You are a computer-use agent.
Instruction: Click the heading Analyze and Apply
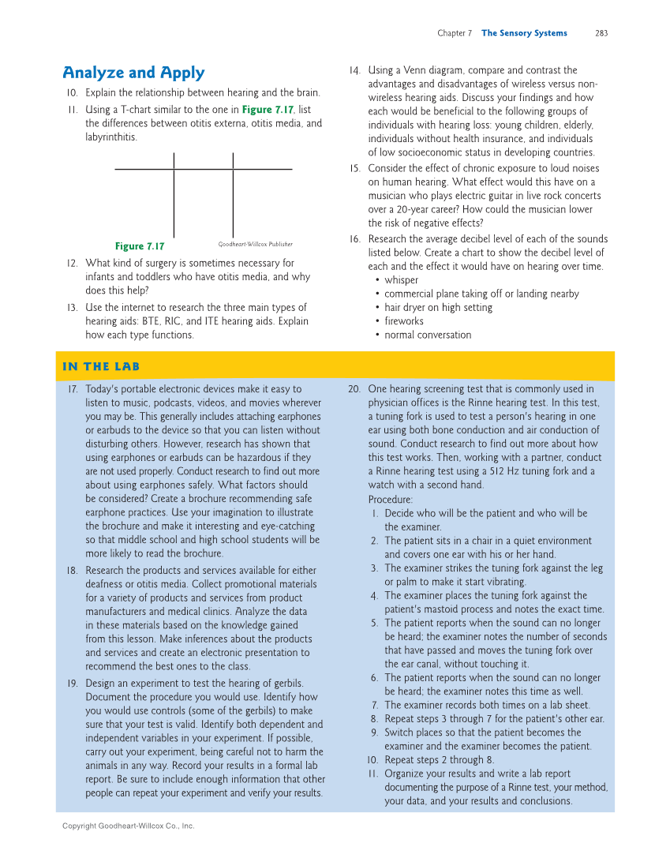(133, 73)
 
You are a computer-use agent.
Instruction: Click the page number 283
(601, 33)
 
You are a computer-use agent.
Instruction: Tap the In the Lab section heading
(101, 366)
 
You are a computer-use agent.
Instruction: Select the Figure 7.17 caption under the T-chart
(140, 246)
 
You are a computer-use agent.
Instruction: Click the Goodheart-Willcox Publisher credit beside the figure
(255, 245)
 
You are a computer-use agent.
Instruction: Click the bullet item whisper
(401, 280)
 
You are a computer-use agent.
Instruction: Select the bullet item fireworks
(403, 321)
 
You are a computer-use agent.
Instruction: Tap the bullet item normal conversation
(428, 335)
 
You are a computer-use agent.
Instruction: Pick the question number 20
(354, 389)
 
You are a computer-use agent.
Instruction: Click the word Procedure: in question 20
(390, 500)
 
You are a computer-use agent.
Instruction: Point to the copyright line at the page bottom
(128, 826)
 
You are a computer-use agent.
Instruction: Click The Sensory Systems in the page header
(524, 33)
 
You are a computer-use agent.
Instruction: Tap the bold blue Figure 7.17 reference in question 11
(267, 110)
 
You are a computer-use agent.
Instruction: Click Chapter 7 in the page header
(455, 33)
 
